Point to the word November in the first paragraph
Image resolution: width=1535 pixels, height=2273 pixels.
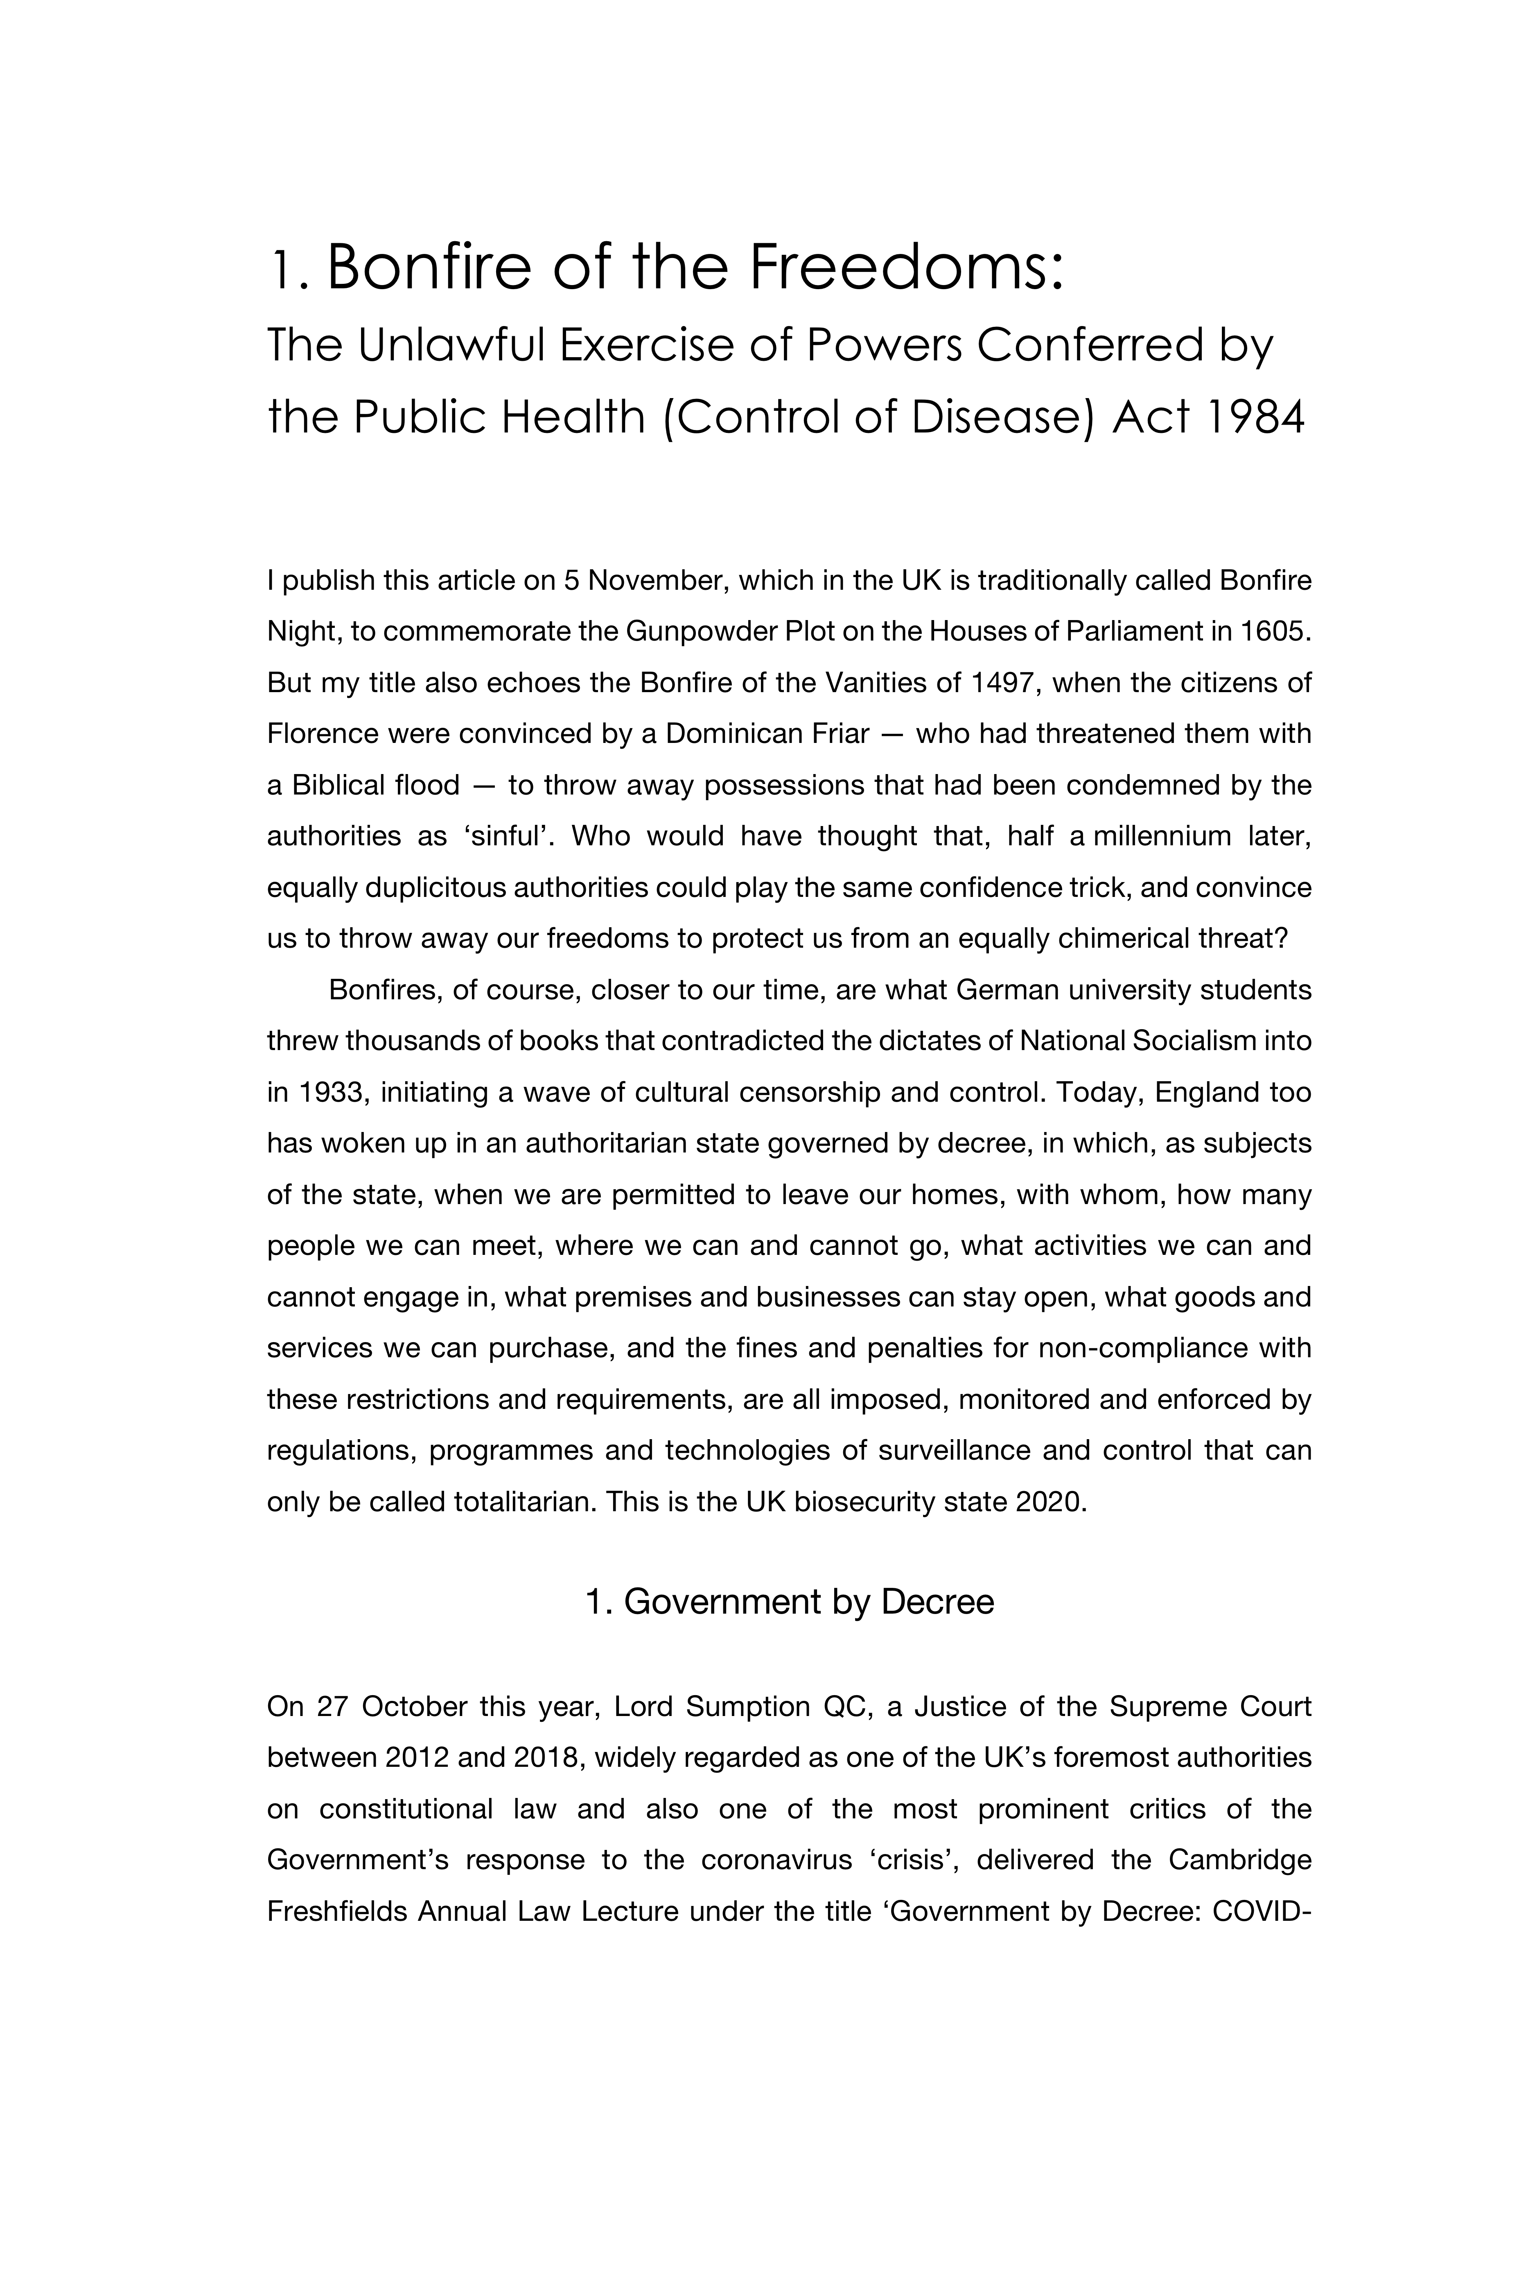pos(655,581)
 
